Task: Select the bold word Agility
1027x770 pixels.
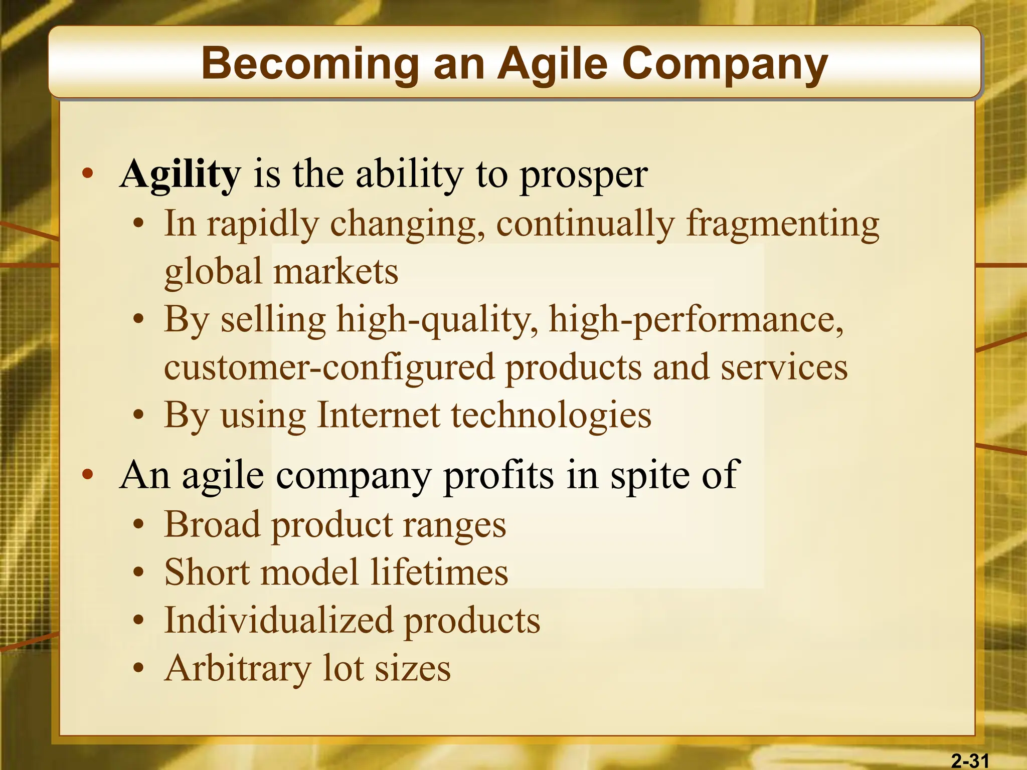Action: (181, 174)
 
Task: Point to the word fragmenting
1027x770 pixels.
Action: (782, 224)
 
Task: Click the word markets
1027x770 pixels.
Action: (335, 271)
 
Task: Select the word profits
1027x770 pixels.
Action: (499, 475)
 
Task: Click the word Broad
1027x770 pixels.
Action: (212, 524)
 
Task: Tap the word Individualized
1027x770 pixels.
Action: (278, 620)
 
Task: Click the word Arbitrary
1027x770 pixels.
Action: (238, 669)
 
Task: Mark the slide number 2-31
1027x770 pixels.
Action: (970, 761)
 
